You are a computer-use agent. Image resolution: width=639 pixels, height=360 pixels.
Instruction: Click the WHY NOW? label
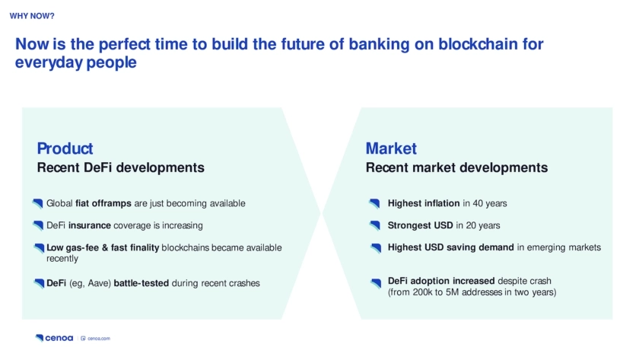pyautogui.click(x=32, y=16)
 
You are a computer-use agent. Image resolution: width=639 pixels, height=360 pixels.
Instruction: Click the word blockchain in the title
pyautogui.click(x=478, y=44)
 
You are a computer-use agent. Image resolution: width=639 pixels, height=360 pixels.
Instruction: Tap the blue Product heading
pyautogui.click(x=65, y=148)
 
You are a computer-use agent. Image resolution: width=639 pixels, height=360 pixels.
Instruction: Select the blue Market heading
pyautogui.click(x=391, y=148)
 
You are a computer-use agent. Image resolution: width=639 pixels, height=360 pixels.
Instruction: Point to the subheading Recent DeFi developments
pyautogui.click(x=121, y=167)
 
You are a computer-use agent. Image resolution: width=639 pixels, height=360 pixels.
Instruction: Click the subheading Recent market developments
pyautogui.click(x=456, y=167)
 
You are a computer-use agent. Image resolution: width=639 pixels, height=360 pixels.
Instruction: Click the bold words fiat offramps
pyautogui.click(x=103, y=203)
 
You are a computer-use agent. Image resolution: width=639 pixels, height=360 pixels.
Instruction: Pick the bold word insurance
pyautogui.click(x=90, y=225)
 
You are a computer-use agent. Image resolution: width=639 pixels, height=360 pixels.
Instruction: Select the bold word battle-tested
pyautogui.click(x=141, y=283)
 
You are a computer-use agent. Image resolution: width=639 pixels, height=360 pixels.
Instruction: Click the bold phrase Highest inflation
pyautogui.click(x=424, y=203)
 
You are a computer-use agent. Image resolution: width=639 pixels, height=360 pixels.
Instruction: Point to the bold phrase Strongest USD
pyautogui.click(x=420, y=225)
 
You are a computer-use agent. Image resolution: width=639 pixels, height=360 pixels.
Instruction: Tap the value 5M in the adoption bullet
pyautogui.click(x=452, y=292)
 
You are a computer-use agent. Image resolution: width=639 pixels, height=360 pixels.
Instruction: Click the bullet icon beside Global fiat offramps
pyautogui.click(x=38, y=203)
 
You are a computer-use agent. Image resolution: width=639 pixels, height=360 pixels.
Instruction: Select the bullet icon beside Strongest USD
pyautogui.click(x=375, y=225)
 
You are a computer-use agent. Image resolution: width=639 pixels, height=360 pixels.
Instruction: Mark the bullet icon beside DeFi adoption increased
pyautogui.click(x=376, y=283)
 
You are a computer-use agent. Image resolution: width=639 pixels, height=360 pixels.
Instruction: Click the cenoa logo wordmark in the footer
pyautogui.click(x=54, y=338)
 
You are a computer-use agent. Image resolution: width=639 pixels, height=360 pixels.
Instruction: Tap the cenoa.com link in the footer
pyautogui.click(x=96, y=339)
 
